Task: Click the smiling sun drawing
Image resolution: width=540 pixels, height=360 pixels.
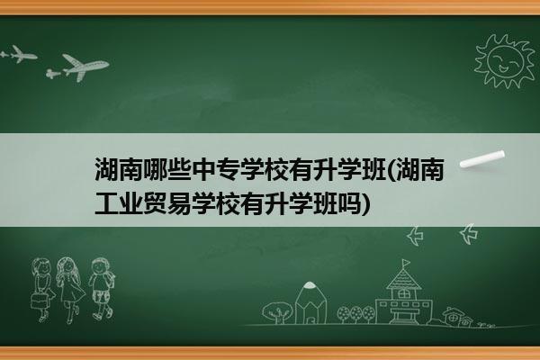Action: (504, 62)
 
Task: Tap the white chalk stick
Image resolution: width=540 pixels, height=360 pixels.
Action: (482, 159)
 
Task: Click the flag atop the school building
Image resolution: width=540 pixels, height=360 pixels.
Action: (406, 263)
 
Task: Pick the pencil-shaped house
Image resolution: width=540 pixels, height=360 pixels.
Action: (310, 303)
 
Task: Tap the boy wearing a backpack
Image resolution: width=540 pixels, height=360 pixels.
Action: (101, 289)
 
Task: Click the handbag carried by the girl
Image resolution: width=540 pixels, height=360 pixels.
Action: (40, 301)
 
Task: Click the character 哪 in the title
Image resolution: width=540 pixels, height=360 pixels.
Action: (155, 169)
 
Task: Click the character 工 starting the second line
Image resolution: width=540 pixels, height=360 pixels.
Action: (106, 203)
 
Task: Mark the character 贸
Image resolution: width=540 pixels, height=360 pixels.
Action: (155, 203)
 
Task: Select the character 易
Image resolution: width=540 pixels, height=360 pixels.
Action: (179, 203)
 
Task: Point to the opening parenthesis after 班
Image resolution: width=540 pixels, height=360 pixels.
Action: (391, 170)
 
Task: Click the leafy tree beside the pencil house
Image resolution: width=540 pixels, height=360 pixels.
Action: (277, 312)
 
